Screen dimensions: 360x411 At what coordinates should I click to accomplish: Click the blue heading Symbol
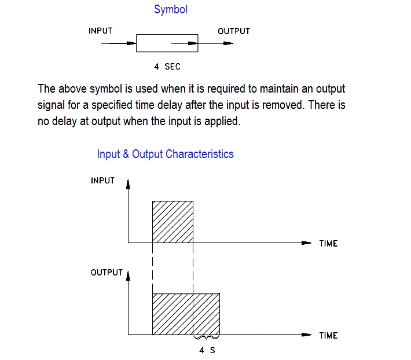[171, 10]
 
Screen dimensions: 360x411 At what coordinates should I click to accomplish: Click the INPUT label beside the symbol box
[100, 31]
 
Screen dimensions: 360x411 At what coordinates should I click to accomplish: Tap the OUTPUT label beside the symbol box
[234, 31]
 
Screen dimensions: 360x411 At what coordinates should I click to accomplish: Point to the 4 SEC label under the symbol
[167, 67]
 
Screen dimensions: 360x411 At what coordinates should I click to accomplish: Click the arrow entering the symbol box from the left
[119, 43]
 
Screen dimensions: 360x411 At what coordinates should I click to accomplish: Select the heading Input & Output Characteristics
[166, 154]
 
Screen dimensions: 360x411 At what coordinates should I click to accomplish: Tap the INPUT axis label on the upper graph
[103, 181]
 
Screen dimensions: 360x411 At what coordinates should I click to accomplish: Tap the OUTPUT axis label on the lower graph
[107, 273]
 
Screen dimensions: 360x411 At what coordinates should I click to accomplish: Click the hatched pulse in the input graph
[173, 222]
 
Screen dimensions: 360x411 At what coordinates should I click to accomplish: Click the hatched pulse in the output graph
[185, 314]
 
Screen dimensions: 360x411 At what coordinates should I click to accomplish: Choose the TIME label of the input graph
[328, 243]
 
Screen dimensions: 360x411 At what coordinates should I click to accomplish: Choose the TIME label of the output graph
[328, 335]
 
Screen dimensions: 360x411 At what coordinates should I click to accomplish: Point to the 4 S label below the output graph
[207, 350]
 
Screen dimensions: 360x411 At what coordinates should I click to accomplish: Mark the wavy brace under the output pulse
[207, 337]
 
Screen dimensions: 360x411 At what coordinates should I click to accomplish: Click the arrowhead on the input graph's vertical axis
[128, 185]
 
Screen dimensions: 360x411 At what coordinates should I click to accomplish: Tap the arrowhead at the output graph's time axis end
[307, 335]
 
